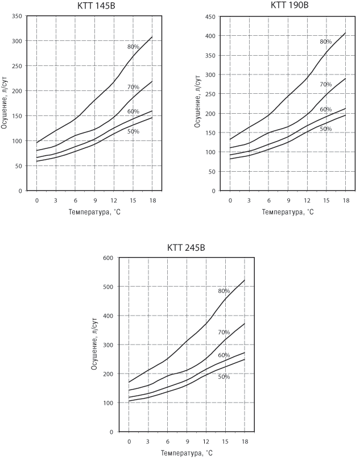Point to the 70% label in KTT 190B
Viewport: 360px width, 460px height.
[x=325, y=84]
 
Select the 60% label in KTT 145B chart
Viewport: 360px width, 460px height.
[x=133, y=111]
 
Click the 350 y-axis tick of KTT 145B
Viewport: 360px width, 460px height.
[x=16, y=16]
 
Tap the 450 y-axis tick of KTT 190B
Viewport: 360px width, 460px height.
[x=210, y=16]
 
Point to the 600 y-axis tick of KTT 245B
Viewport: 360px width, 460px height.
[x=109, y=258]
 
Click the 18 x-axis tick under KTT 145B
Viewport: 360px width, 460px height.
[x=152, y=201]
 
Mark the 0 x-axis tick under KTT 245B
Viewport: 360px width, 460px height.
[x=129, y=442]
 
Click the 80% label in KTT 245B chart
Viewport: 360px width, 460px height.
[x=224, y=291]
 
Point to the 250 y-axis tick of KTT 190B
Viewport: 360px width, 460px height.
[x=210, y=94]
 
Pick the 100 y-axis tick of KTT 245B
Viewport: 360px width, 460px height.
[x=109, y=403]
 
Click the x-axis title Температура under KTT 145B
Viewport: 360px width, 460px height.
[x=95, y=212]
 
